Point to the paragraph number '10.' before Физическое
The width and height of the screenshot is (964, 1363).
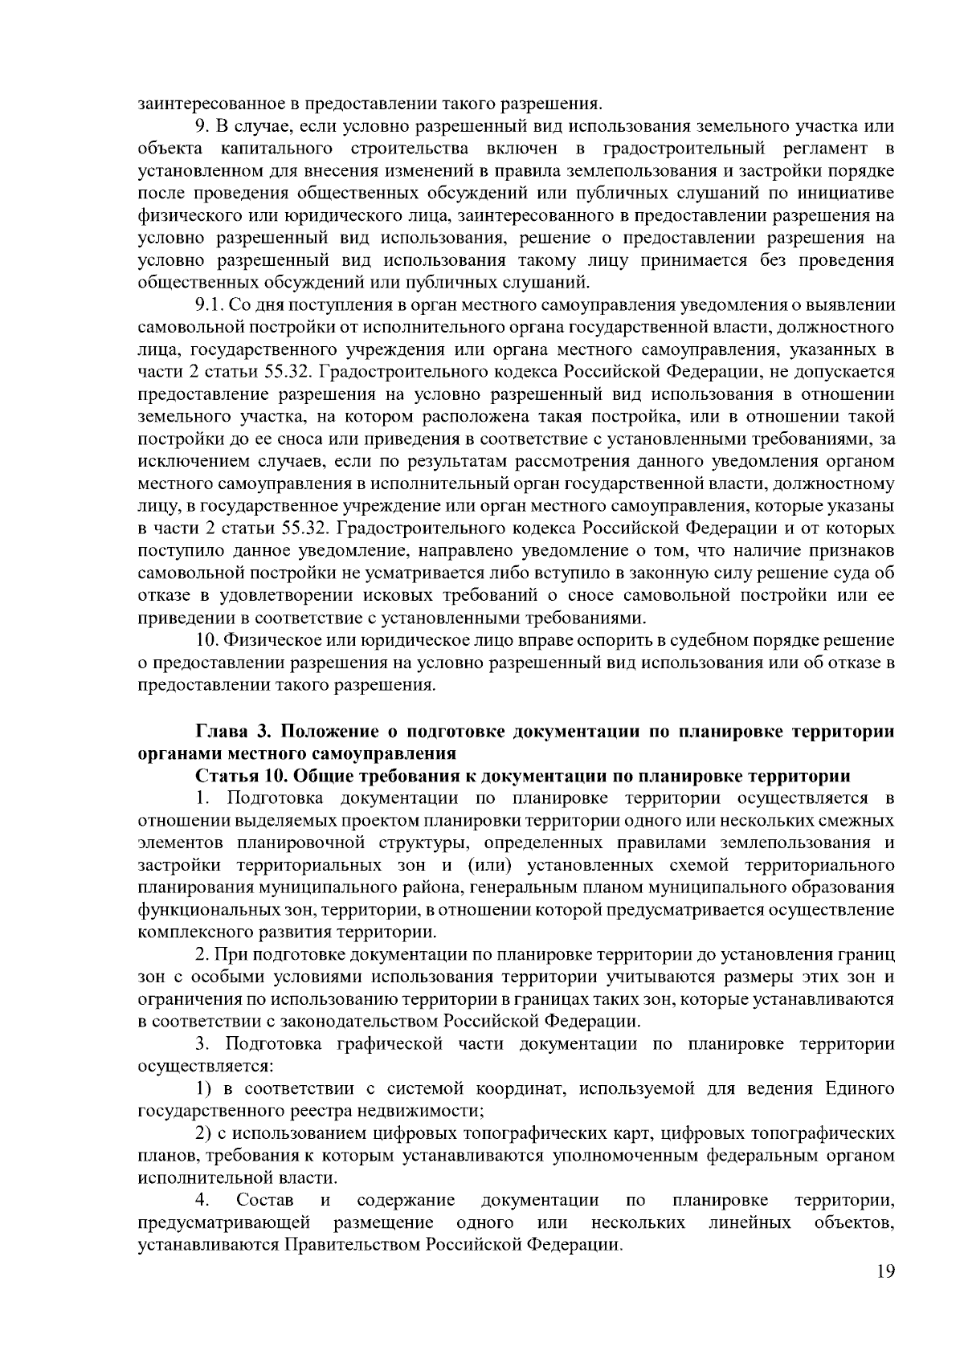coord(208,640)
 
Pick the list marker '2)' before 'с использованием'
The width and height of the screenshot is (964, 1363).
coord(205,1132)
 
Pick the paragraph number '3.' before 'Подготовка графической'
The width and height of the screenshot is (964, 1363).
coord(203,1044)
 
